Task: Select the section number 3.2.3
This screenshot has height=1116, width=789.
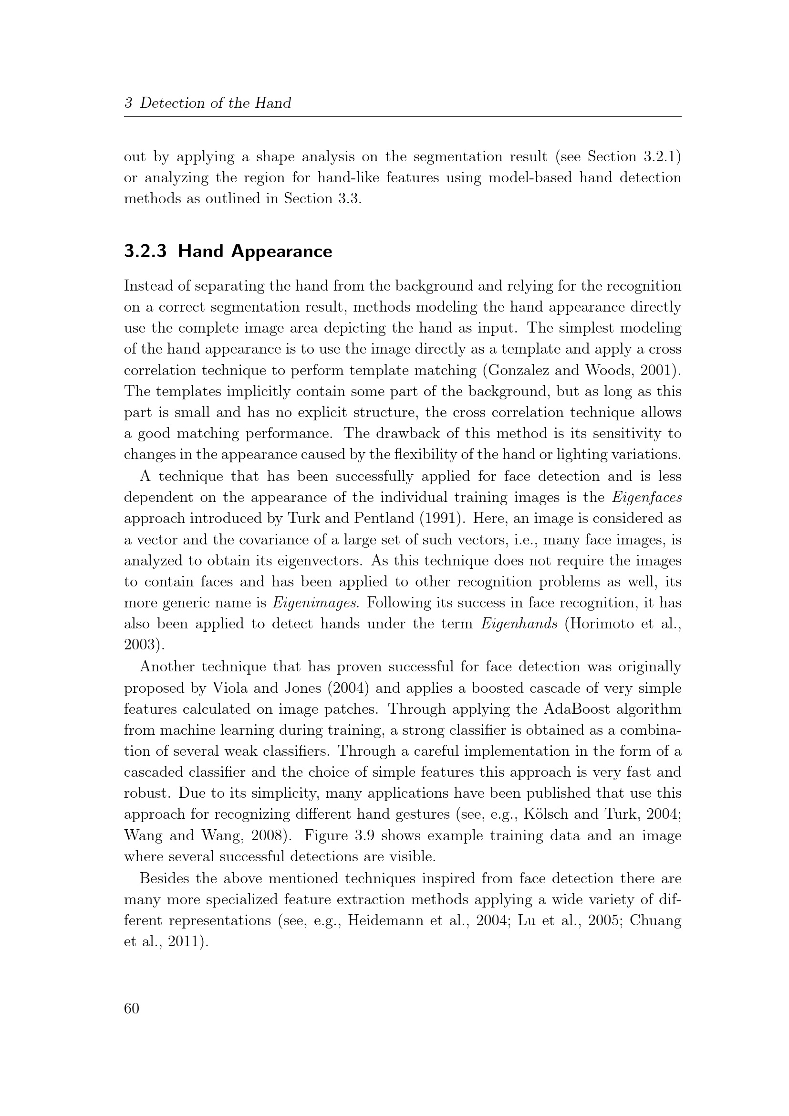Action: pyautogui.click(x=145, y=251)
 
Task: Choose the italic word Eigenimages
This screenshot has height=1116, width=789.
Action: pyautogui.click(x=315, y=603)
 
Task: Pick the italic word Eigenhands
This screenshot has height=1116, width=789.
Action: pyautogui.click(x=519, y=624)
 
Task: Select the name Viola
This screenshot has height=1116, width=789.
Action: pyautogui.click(x=227, y=688)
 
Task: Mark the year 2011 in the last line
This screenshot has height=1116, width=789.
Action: pyautogui.click(x=184, y=941)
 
